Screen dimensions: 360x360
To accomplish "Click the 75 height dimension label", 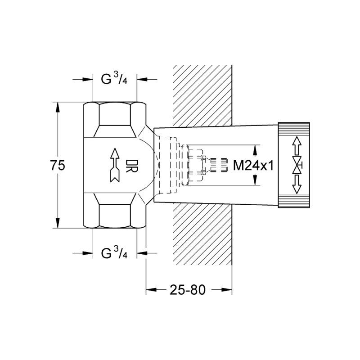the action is click(x=58, y=165).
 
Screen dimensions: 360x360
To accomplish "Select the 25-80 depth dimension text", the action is click(x=188, y=290).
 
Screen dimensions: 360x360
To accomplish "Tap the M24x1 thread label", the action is click(x=253, y=165).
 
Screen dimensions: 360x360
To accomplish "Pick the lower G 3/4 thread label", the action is click(x=114, y=252).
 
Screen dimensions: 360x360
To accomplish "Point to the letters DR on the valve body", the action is click(x=131, y=166).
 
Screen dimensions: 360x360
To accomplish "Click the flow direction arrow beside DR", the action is click(x=115, y=165).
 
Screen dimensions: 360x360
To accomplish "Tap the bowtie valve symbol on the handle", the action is click(x=297, y=165).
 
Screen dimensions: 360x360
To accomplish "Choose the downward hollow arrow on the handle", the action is click(x=297, y=184).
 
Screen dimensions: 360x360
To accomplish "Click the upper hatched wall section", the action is click(x=202, y=95).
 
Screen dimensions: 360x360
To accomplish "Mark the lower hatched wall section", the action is click(x=202, y=234).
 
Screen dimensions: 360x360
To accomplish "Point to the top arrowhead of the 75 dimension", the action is click(x=58, y=107).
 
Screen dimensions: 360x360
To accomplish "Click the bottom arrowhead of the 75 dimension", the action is click(x=58, y=223).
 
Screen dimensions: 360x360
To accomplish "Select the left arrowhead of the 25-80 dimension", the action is click(x=151, y=290).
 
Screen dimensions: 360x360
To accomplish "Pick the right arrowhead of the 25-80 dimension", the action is click(x=227, y=290).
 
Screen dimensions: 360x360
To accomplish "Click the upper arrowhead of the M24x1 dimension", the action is click(x=255, y=150).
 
